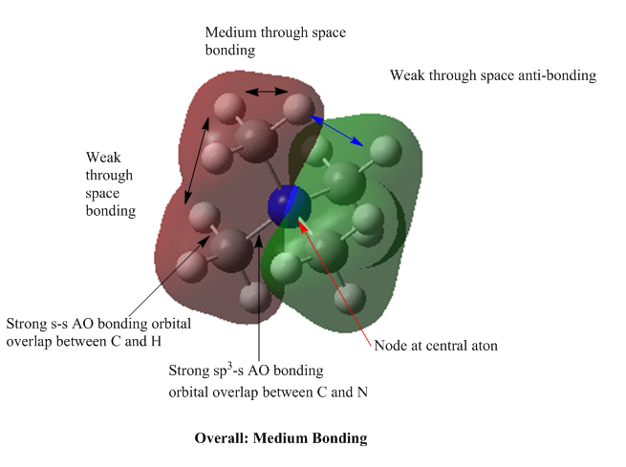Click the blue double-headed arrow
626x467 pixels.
(339, 131)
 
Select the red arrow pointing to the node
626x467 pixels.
(335, 277)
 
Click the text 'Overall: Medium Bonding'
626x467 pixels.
(280, 438)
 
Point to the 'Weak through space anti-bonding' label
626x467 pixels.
(492, 75)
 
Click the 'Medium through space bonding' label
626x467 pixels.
(275, 41)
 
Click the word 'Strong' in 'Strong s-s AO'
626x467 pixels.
(27, 324)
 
